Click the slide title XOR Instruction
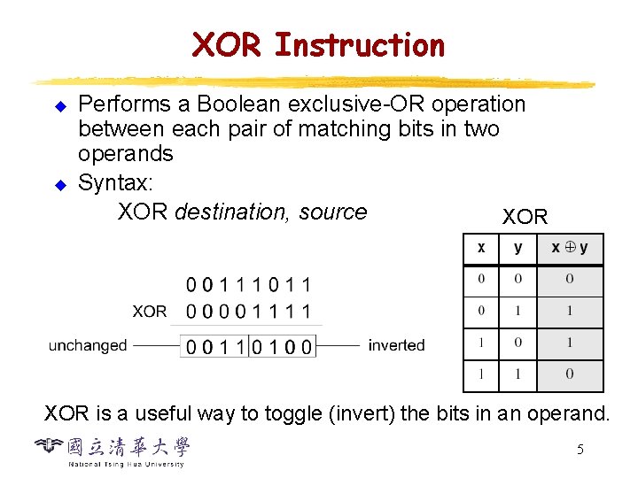[319, 44]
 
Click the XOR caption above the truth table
[525, 217]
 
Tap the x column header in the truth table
[481, 249]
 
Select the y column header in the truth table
[518, 249]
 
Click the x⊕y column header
[570, 249]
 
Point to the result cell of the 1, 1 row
[570, 374]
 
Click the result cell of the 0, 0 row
[570, 280]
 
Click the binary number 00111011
[249, 286]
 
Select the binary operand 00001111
[249, 312]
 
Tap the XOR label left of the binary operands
[150, 312]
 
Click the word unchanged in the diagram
[88, 345]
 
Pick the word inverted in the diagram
[396, 345]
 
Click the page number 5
[580, 450]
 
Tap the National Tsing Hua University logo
[113, 451]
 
